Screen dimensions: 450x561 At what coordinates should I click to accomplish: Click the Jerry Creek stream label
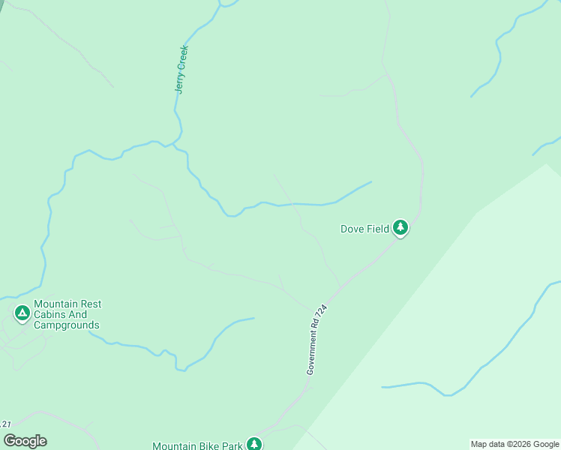pyautogui.click(x=181, y=70)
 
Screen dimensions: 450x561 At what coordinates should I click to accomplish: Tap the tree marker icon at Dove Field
pyautogui.click(x=400, y=228)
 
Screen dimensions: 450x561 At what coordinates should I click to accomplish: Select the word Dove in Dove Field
pyautogui.click(x=352, y=229)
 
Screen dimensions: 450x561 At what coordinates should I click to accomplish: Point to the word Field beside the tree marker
pyautogui.click(x=378, y=229)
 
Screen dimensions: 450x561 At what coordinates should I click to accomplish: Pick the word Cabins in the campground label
pyautogui.click(x=49, y=315)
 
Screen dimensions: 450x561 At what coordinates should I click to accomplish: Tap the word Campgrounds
pyautogui.click(x=66, y=325)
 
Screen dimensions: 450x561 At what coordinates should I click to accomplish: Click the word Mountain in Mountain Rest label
pyautogui.click(x=56, y=304)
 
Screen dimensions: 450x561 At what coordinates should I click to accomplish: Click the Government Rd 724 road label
pyautogui.click(x=317, y=339)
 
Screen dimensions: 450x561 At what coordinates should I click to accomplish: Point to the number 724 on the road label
pyautogui.click(x=324, y=312)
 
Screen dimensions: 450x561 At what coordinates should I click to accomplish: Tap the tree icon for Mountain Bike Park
pyautogui.click(x=254, y=444)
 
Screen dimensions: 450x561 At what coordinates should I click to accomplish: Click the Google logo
pyautogui.click(x=25, y=441)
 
